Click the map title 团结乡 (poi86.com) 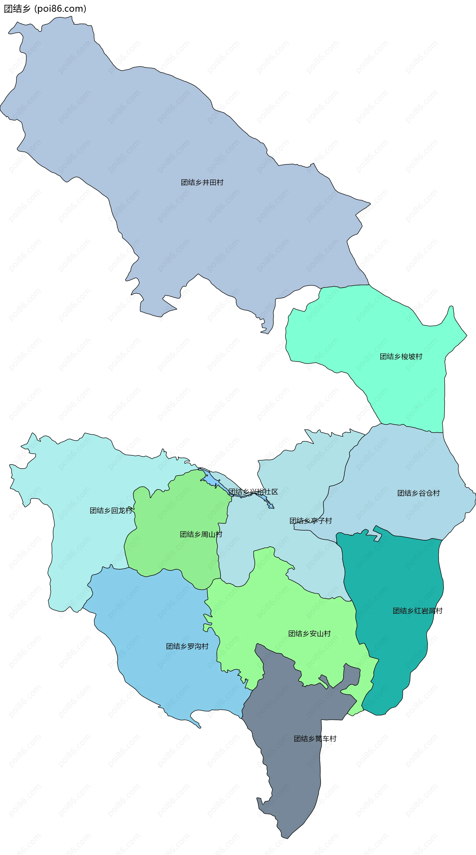45,9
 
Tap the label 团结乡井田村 202,182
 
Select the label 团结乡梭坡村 401,357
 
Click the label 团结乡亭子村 311,521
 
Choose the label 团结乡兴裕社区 253,492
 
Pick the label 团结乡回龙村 111,510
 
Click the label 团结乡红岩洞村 417,611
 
